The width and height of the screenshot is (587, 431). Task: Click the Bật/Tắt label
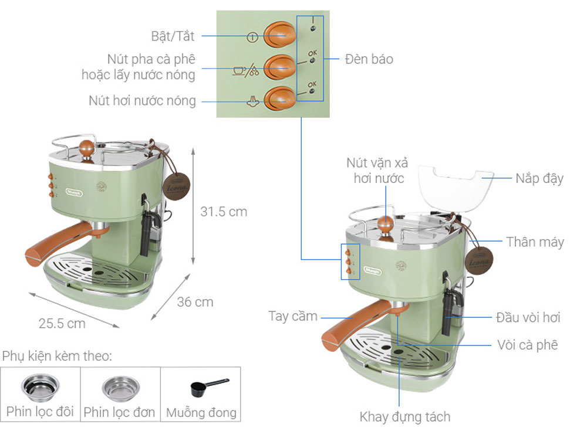[173, 36]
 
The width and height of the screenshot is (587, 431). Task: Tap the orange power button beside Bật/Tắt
[278, 36]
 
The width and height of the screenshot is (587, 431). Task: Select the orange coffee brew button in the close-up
[278, 68]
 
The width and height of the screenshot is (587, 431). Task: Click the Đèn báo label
[369, 59]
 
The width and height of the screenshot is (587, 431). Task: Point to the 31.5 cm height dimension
[224, 212]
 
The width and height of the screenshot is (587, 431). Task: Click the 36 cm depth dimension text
[195, 302]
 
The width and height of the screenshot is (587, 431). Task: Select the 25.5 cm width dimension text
[62, 323]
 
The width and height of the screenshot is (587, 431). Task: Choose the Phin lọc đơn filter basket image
[120, 387]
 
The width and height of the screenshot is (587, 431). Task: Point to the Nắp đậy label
[539, 178]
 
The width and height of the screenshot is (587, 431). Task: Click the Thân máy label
[535, 242]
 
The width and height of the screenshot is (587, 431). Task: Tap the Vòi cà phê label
[527, 345]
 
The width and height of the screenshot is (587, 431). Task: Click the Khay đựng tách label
[404, 417]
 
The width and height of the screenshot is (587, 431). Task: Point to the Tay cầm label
[293, 316]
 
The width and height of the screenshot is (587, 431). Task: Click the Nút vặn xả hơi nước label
[377, 170]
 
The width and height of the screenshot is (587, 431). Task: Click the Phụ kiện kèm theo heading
[57, 356]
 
